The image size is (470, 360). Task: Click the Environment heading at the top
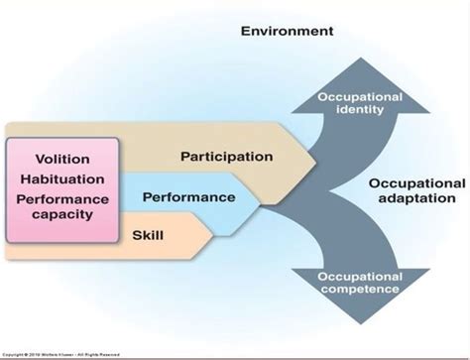(x=287, y=32)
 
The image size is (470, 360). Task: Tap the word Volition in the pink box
(x=62, y=159)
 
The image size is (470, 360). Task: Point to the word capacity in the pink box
(x=62, y=214)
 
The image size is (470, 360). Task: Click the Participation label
(x=226, y=157)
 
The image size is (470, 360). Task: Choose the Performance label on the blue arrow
(x=188, y=197)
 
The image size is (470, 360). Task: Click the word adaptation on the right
(x=416, y=200)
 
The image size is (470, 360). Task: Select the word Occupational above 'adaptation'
(x=416, y=184)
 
